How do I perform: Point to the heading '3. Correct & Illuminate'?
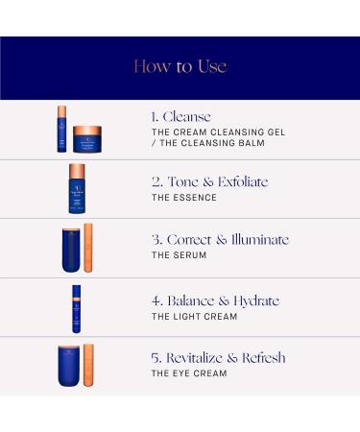pyautogui.click(x=220, y=239)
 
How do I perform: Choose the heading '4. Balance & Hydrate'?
pyautogui.click(x=215, y=300)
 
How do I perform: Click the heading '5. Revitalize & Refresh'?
pyautogui.click(x=218, y=358)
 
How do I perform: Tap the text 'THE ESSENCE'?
pyautogui.click(x=182, y=198)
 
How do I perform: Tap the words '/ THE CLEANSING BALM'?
pyautogui.click(x=205, y=144)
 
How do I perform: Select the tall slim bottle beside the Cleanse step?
pyautogui.click(x=62, y=129)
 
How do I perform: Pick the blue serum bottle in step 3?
pyautogui.click(x=69, y=248)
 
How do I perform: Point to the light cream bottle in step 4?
pyautogui.click(x=77, y=307)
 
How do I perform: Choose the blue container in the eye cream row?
pyautogui.click(x=69, y=366)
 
